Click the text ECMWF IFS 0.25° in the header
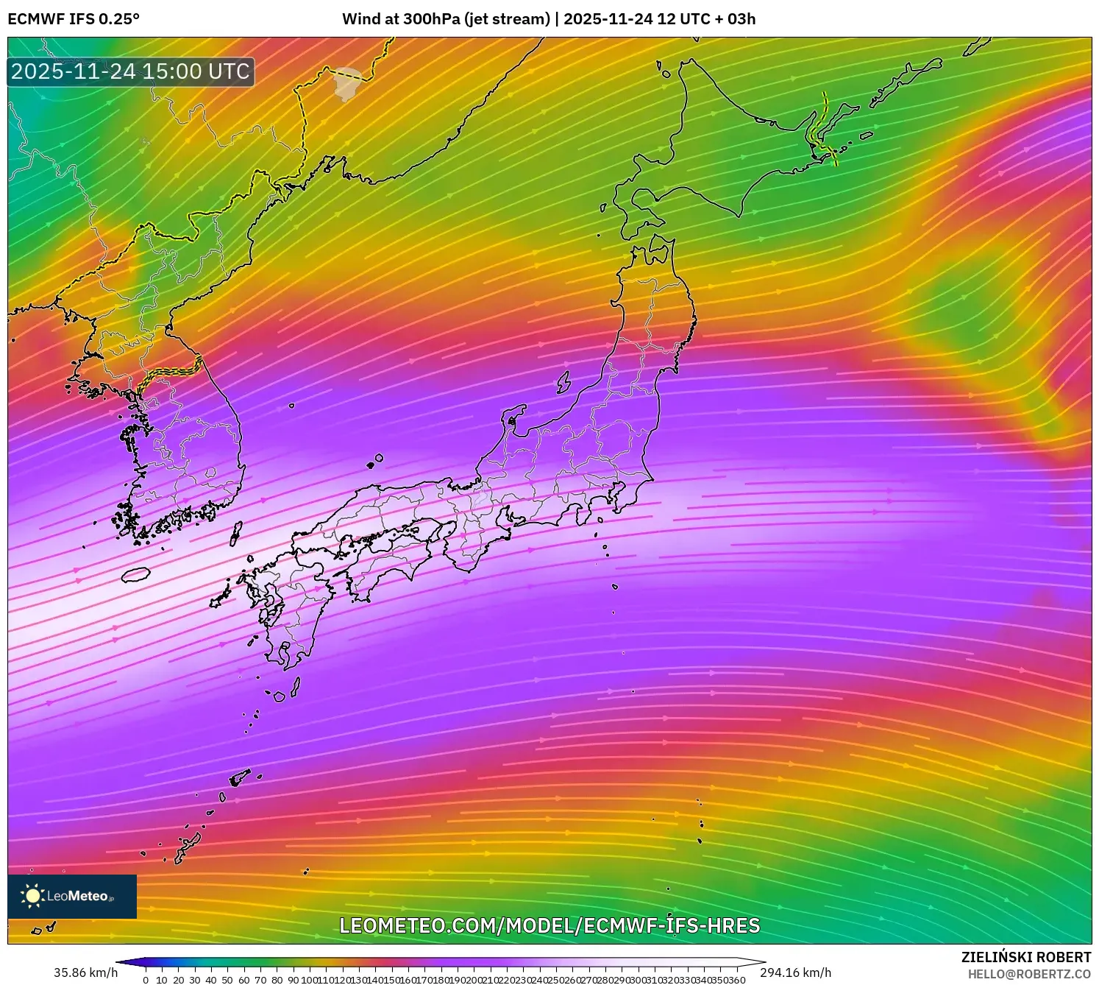pyautogui.click(x=74, y=19)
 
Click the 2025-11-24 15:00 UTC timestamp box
pyautogui.click(x=131, y=71)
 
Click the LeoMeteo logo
pyautogui.click(x=72, y=896)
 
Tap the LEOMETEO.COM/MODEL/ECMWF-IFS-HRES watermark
pyautogui.click(x=549, y=925)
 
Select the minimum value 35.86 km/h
pyautogui.click(x=85, y=972)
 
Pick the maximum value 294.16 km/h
pyautogui.click(x=795, y=972)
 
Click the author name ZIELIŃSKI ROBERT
pyautogui.click(x=1025, y=957)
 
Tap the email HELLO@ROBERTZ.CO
pyautogui.click(x=1029, y=974)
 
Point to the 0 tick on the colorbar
pyautogui.click(x=146, y=980)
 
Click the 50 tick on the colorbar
pyautogui.click(x=227, y=980)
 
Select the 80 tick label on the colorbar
pyautogui.click(x=277, y=980)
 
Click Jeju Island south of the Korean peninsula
pyautogui.click(x=135, y=574)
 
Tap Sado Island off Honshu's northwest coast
pyautogui.click(x=563, y=381)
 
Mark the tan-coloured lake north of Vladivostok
pyautogui.click(x=346, y=83)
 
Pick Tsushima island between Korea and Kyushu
pyautogui.click(x=236, y=532)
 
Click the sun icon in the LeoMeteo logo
pyautogui.click(x=32, y=895)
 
